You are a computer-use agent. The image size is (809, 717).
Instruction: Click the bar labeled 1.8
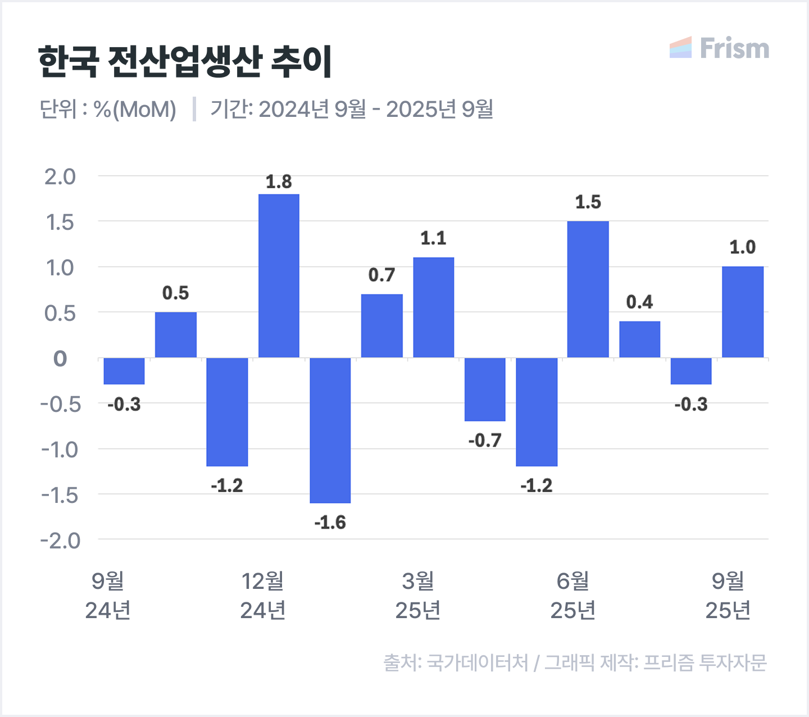[279, 275]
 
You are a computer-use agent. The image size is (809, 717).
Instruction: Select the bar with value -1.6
[330, 430]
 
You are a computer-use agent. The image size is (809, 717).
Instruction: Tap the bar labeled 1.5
[588, 289]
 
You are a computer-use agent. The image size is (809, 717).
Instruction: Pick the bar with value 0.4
[639, 339]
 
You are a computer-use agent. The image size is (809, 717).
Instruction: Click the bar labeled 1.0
[742, 312]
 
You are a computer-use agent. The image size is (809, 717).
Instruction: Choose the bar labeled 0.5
[176, 335]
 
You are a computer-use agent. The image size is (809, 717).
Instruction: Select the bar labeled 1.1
[433, 307]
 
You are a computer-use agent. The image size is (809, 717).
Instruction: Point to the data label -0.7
[484, 441]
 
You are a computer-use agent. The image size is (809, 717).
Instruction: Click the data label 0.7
[381, 275]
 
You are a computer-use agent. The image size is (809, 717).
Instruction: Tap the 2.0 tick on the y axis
[60, 177]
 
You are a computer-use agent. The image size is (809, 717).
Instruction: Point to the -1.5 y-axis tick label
[59, 495]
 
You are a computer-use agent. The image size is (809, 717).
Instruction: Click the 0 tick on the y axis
[60, 358]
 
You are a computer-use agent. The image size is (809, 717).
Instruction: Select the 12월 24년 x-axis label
[263, 596]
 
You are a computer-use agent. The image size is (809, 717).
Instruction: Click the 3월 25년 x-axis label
[418, 596]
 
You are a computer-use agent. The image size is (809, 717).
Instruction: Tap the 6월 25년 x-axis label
[573, 596]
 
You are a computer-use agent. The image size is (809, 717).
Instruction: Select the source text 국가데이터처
[478, 663]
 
